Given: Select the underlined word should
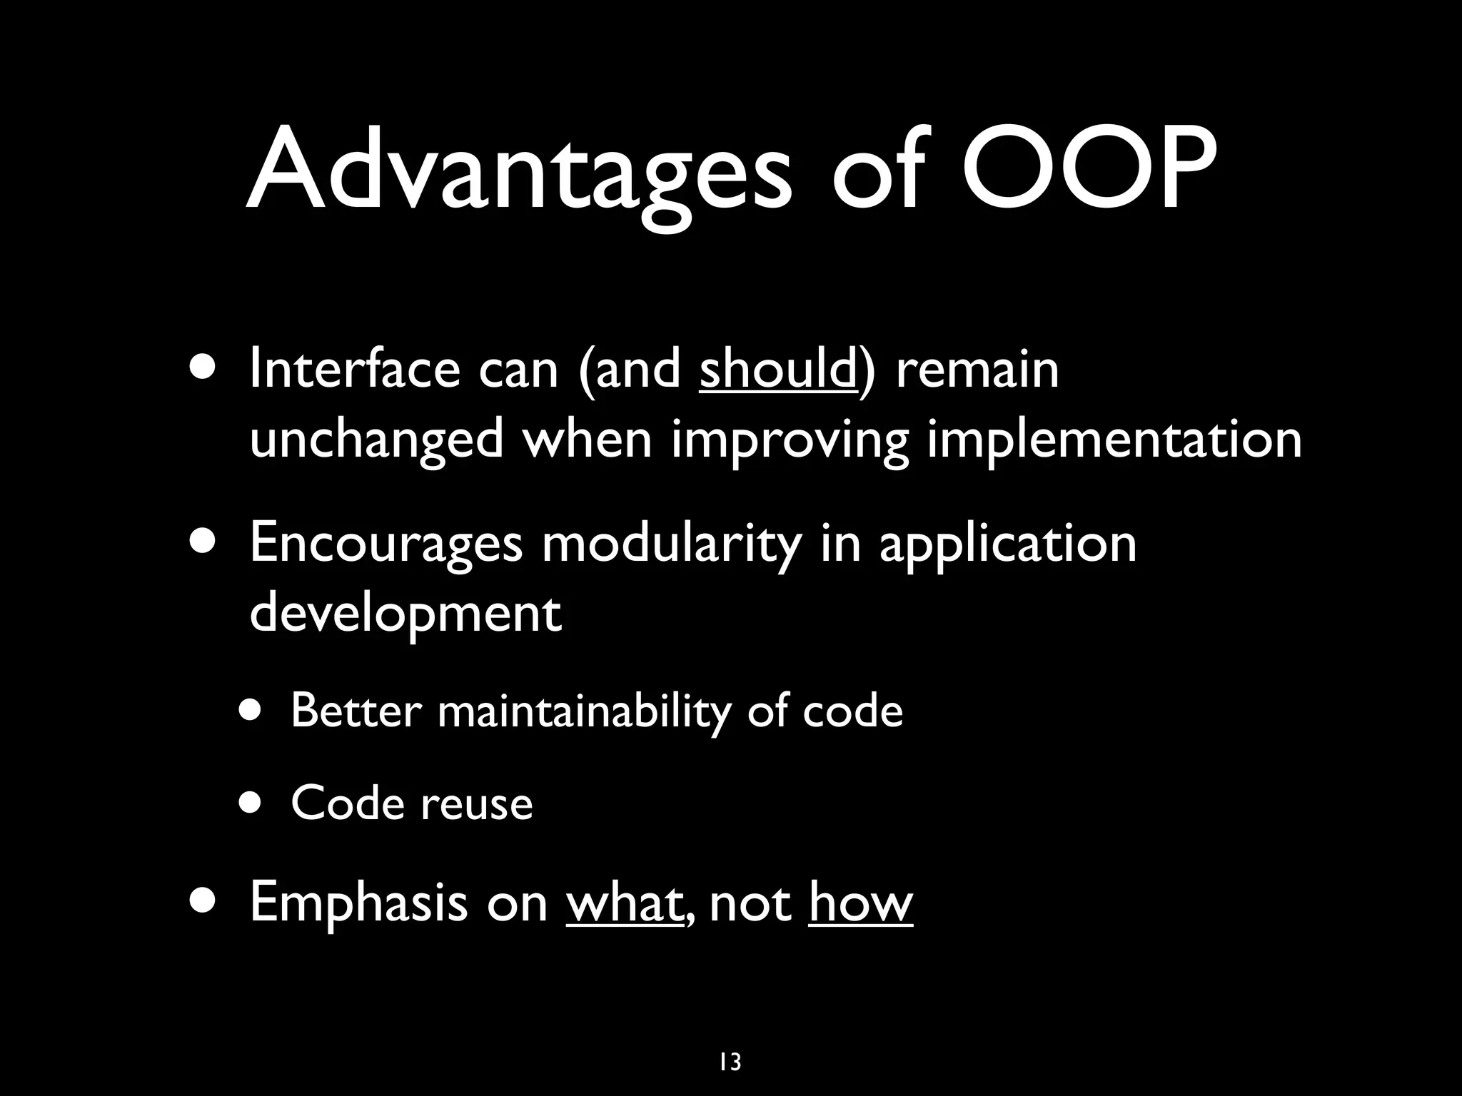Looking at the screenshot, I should pyautogui.click(x=778, y=370).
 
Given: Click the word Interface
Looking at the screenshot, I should pyautogui.click(x=354, y=370).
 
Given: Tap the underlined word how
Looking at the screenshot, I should pyautogui.click(x=860, y=902).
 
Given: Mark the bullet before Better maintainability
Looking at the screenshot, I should pyautogui.click(x=251, y=711).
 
